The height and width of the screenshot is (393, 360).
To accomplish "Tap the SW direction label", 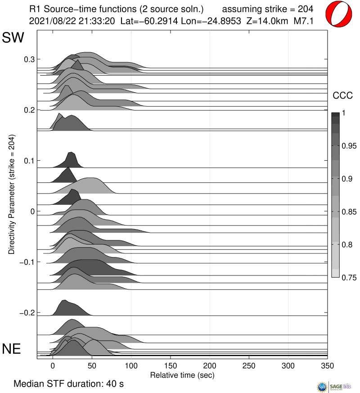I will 13,38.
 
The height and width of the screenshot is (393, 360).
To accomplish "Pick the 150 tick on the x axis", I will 171,365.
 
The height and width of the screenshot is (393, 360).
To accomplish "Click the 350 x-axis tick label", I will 328,365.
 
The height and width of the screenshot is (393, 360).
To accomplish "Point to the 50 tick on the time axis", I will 92,365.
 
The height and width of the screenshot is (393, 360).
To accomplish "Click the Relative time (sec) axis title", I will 182,375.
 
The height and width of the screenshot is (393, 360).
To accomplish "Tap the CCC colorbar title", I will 342,95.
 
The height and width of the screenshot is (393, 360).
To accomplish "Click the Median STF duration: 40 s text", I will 68,384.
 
